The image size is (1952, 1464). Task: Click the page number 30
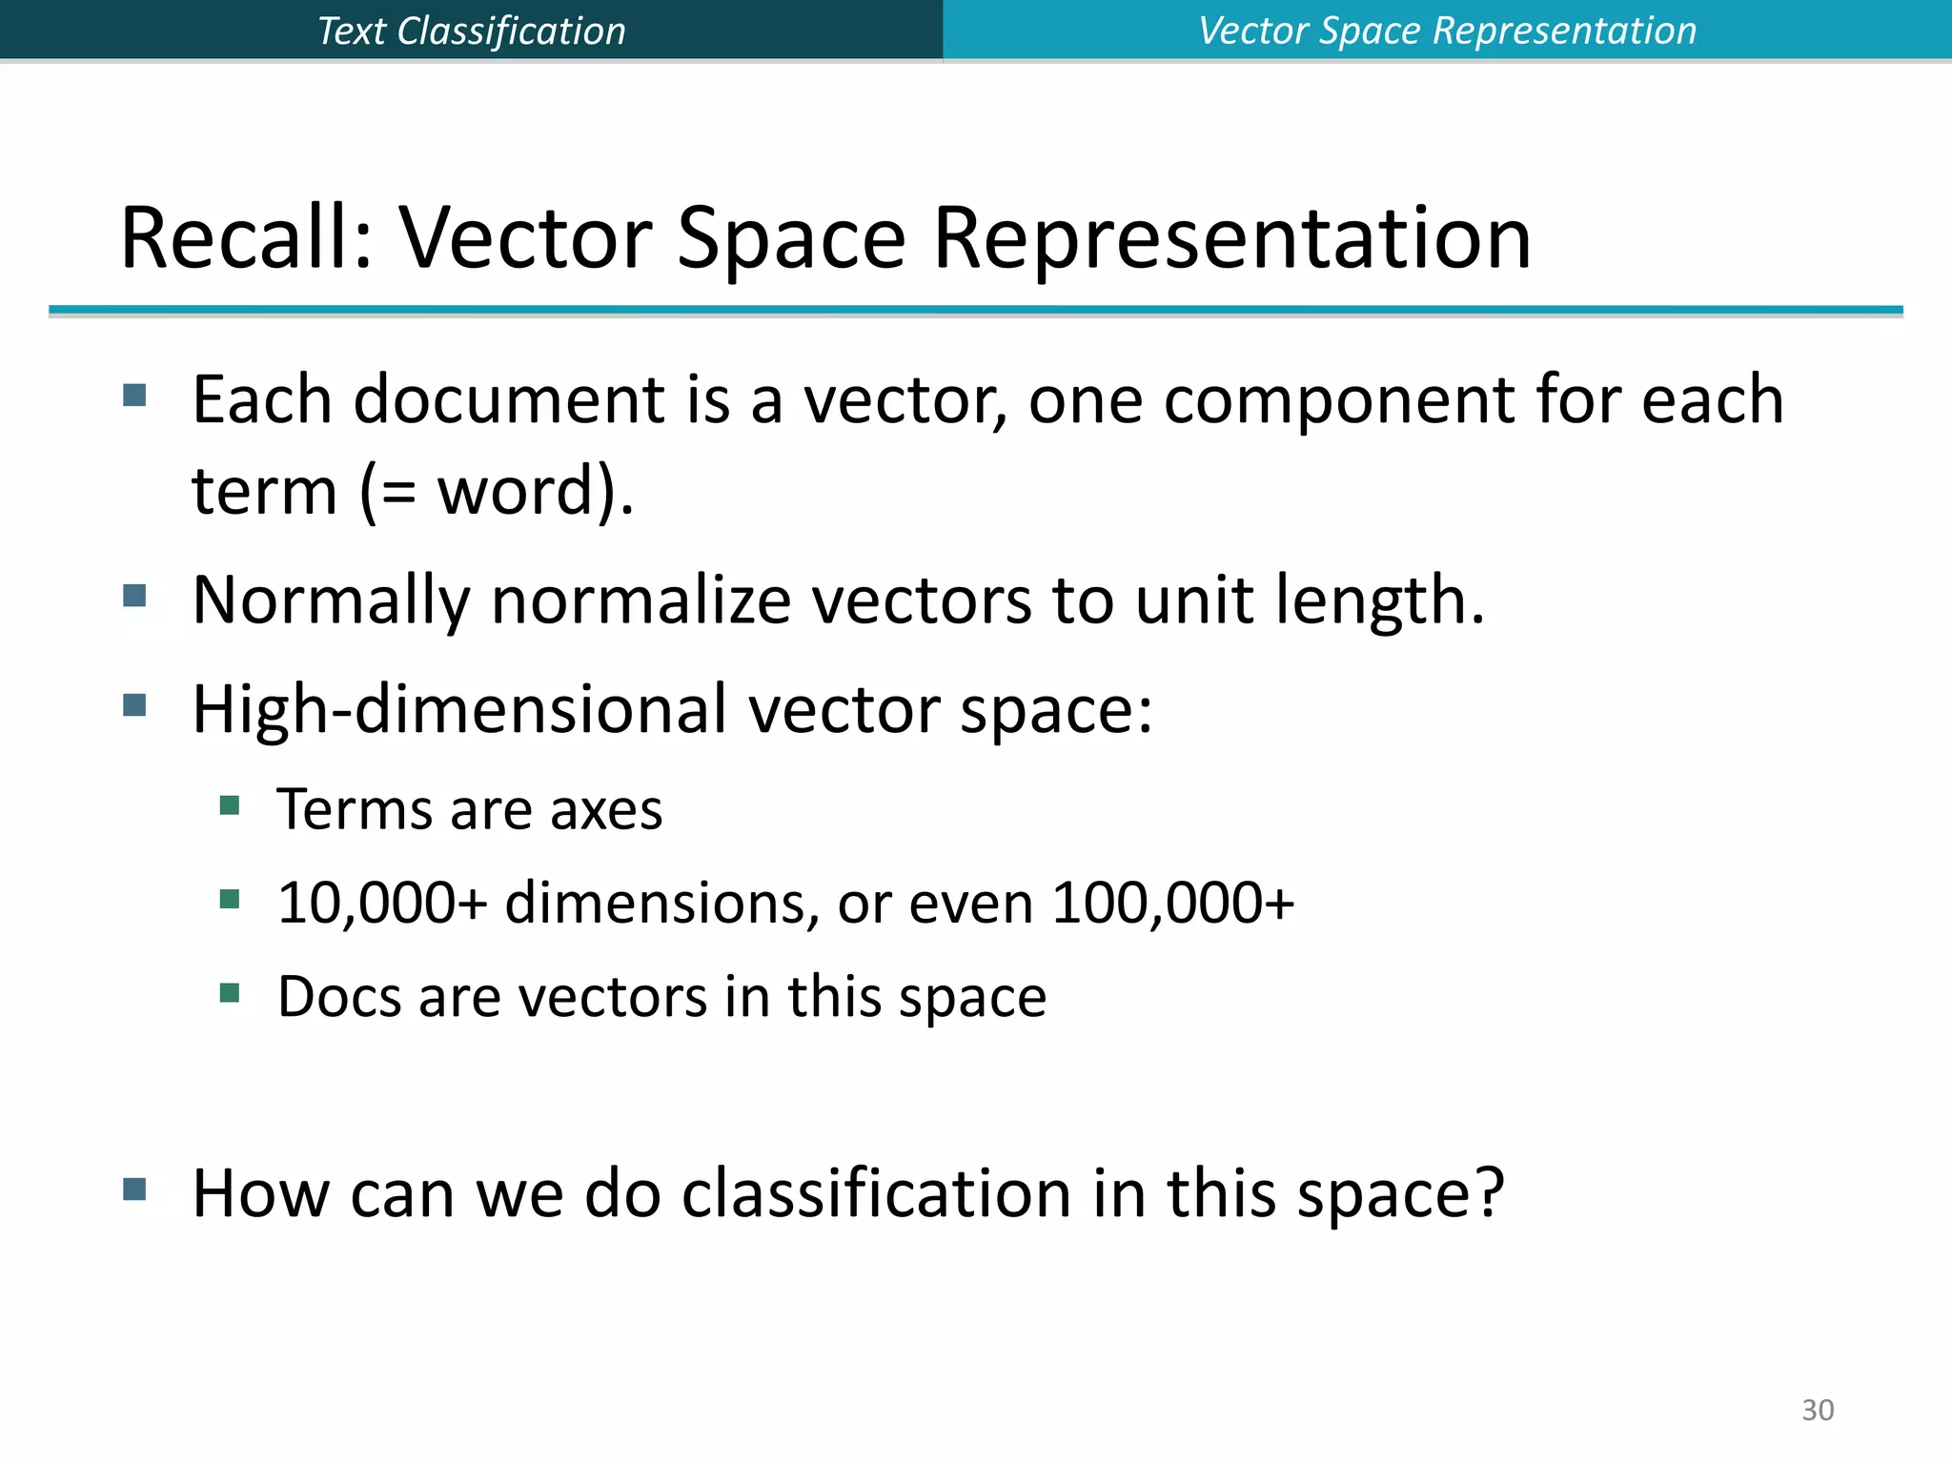1817,1410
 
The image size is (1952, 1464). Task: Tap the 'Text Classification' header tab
471,30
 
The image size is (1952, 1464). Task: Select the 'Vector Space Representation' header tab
1447,30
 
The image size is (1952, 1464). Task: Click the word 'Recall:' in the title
246,238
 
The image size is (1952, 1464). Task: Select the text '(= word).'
497,492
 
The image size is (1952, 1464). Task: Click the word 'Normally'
331,600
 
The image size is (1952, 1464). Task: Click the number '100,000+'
1173,903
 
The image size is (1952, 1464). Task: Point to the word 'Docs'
338,997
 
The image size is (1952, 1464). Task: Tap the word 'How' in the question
260,1193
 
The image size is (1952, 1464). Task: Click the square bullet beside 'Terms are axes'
230,806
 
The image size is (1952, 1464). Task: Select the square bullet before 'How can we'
134,1189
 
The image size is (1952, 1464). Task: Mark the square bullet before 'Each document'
134,395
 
